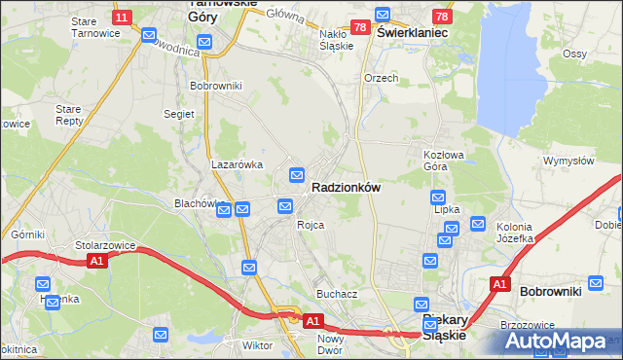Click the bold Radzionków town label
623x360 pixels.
[346, 187]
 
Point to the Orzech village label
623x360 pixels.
[381, 78]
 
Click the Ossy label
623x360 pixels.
[574, 54]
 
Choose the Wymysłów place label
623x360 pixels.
[568, 161]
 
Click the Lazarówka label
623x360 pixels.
[238, 164]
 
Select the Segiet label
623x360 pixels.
[179, 114]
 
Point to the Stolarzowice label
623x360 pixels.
[103, 246]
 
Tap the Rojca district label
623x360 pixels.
[311, 225]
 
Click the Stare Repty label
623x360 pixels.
[70, 117]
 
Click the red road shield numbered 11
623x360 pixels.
[121, 18]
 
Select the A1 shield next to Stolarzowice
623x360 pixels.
[95, 261]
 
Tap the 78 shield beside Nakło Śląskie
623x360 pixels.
[359, 27]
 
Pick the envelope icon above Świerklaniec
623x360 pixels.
[382, 15]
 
